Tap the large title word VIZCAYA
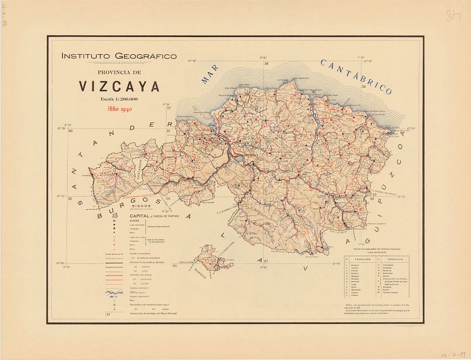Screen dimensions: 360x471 [120, 87]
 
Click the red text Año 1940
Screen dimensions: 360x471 [119, 109]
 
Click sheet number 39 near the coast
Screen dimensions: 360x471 [364, 87]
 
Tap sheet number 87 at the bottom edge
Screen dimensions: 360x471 [266, 260]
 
